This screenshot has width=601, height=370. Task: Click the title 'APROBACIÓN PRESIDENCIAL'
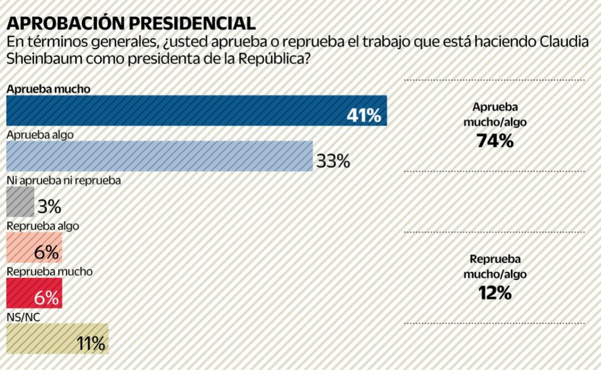[131, 23]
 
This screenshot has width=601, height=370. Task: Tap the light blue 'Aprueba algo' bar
[159, 156]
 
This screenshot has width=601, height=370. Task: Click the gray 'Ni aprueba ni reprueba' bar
[19, 202]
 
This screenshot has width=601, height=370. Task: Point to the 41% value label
[364, 116]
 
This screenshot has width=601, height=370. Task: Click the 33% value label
[333, 162]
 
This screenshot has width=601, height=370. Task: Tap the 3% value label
[49, 207]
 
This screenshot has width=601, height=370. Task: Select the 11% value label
[91, 344]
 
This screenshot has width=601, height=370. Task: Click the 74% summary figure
[494, 142]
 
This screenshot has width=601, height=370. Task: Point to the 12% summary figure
[494, 293]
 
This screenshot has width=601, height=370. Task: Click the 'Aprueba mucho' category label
[48, 89]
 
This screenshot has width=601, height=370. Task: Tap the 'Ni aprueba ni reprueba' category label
[63, 181]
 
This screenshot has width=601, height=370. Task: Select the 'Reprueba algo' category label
[42, 226]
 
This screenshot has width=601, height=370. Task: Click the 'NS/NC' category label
[23, 317]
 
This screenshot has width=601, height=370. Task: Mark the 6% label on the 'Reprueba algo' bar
[46, 253]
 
